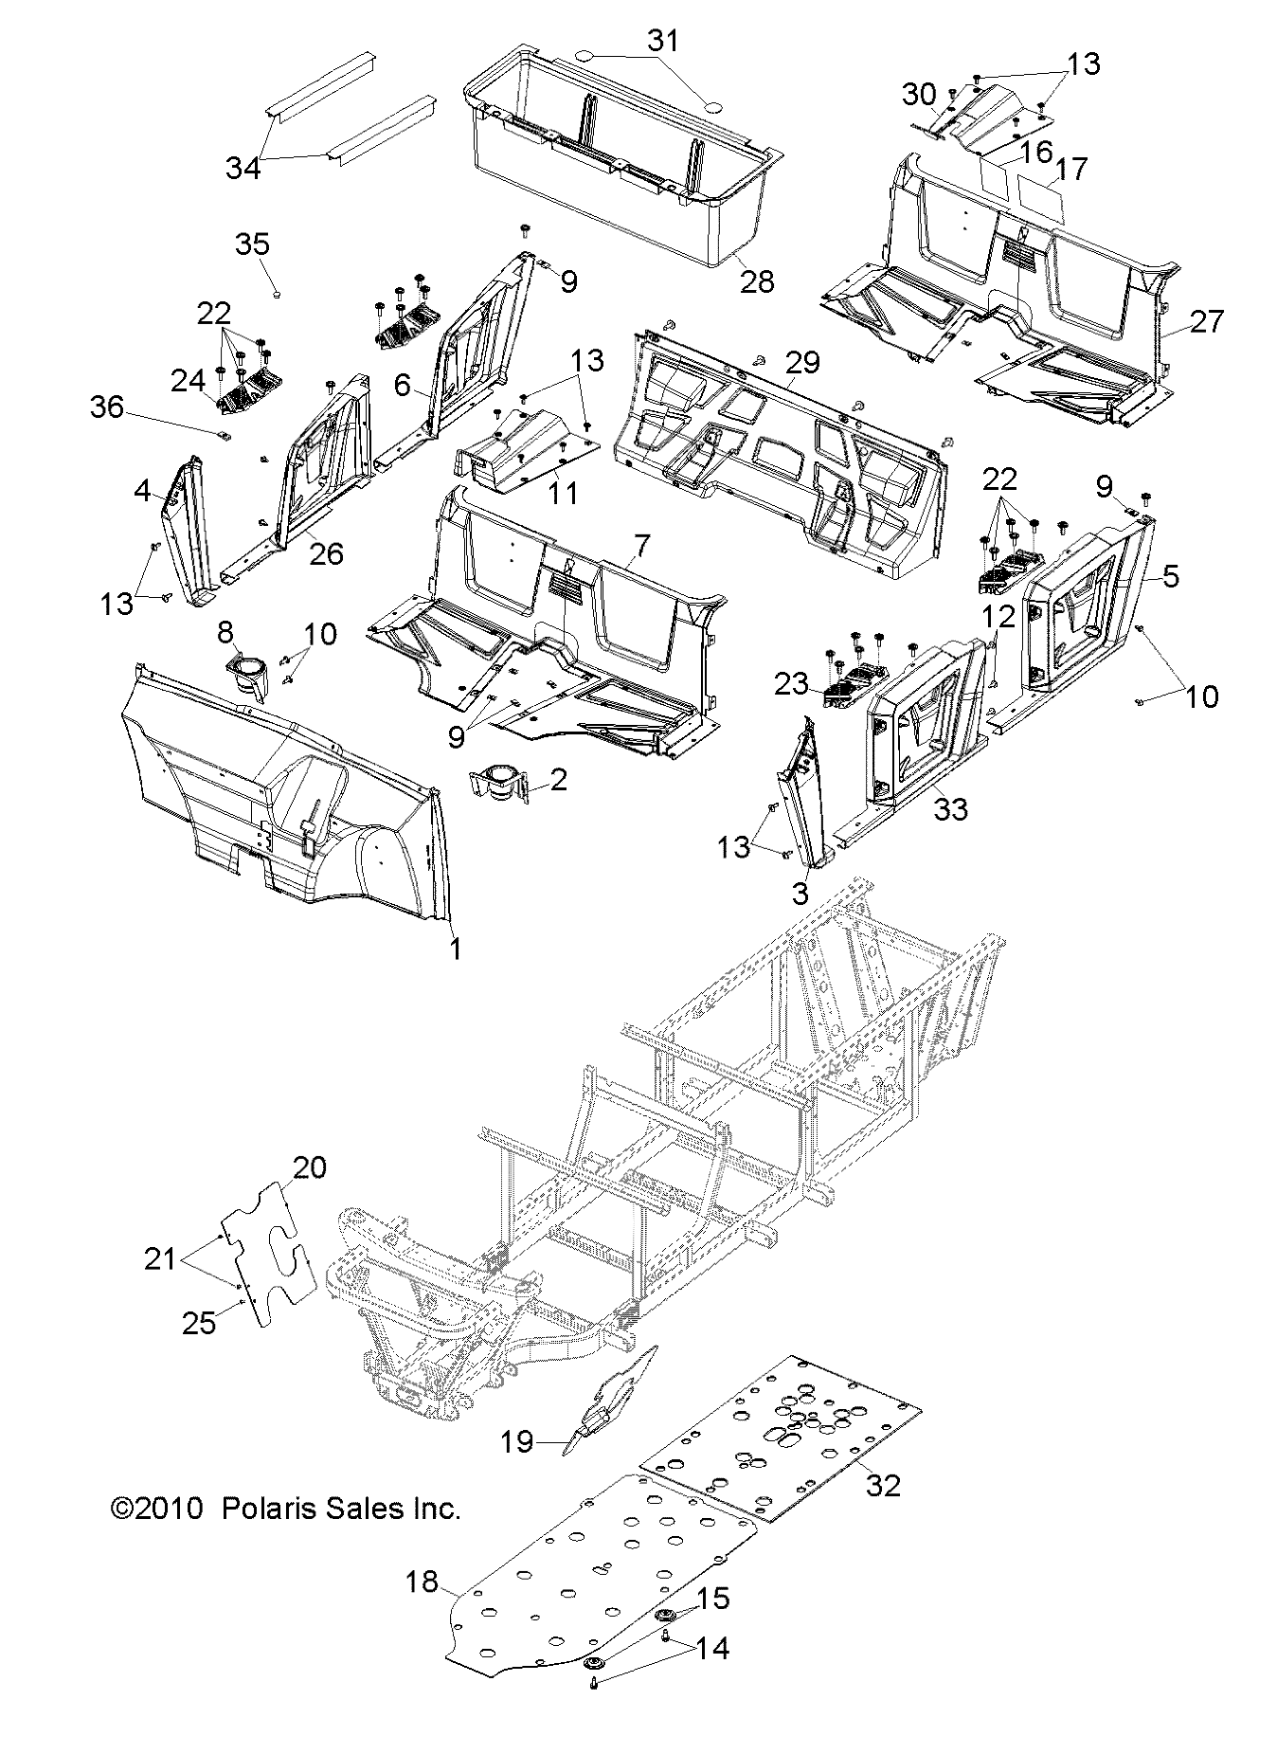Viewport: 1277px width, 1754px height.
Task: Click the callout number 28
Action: pyautogui.click(x=758, y=280)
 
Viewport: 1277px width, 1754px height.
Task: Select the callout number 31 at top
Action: pyautogui.click(x=663, y=41)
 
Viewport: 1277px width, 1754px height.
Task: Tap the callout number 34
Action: pyautogui.click(x=243, y=168)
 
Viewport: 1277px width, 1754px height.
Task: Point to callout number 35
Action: pyautogui.click(x=252, y=244)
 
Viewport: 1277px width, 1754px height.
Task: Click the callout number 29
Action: pyautogui.click(x=802, y=363)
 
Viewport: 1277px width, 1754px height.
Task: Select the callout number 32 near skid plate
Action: pyautogui.click(x=882, y=1485)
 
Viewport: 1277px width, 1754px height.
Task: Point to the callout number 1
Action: pyautogui.click(x=455, y=949)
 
